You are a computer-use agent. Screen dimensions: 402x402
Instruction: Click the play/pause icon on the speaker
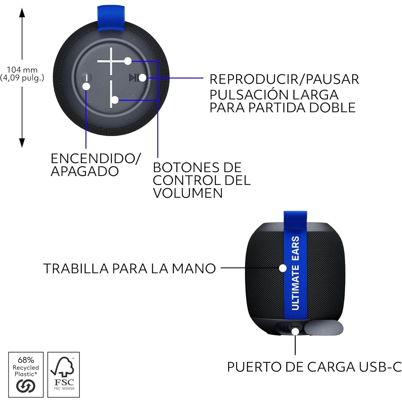(x=133, y=78)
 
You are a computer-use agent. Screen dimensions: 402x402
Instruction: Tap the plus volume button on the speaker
(x=111, y=62)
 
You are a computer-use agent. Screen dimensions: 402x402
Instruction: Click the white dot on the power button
(x=86, y=86)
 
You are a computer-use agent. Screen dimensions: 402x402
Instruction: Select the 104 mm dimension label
(x=22, y=70)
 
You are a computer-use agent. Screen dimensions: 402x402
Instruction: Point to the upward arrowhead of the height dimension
(x=22, y=12)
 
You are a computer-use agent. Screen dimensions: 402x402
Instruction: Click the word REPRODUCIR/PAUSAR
(x=284, y=79)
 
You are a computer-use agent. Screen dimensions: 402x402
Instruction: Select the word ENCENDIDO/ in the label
(x=95, y=159)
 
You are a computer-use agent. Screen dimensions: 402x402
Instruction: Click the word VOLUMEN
(x=188, y=193)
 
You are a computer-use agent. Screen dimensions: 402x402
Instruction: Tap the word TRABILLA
(x=76, y=269)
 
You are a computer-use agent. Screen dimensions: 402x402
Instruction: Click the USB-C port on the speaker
(x=295, y=326)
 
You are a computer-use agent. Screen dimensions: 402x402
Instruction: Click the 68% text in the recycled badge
(x=26, y=360)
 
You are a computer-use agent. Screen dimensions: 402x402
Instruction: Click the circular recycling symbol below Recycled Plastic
(x=26, y=386)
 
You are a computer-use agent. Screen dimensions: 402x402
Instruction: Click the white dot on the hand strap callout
(x=283, y=268)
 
